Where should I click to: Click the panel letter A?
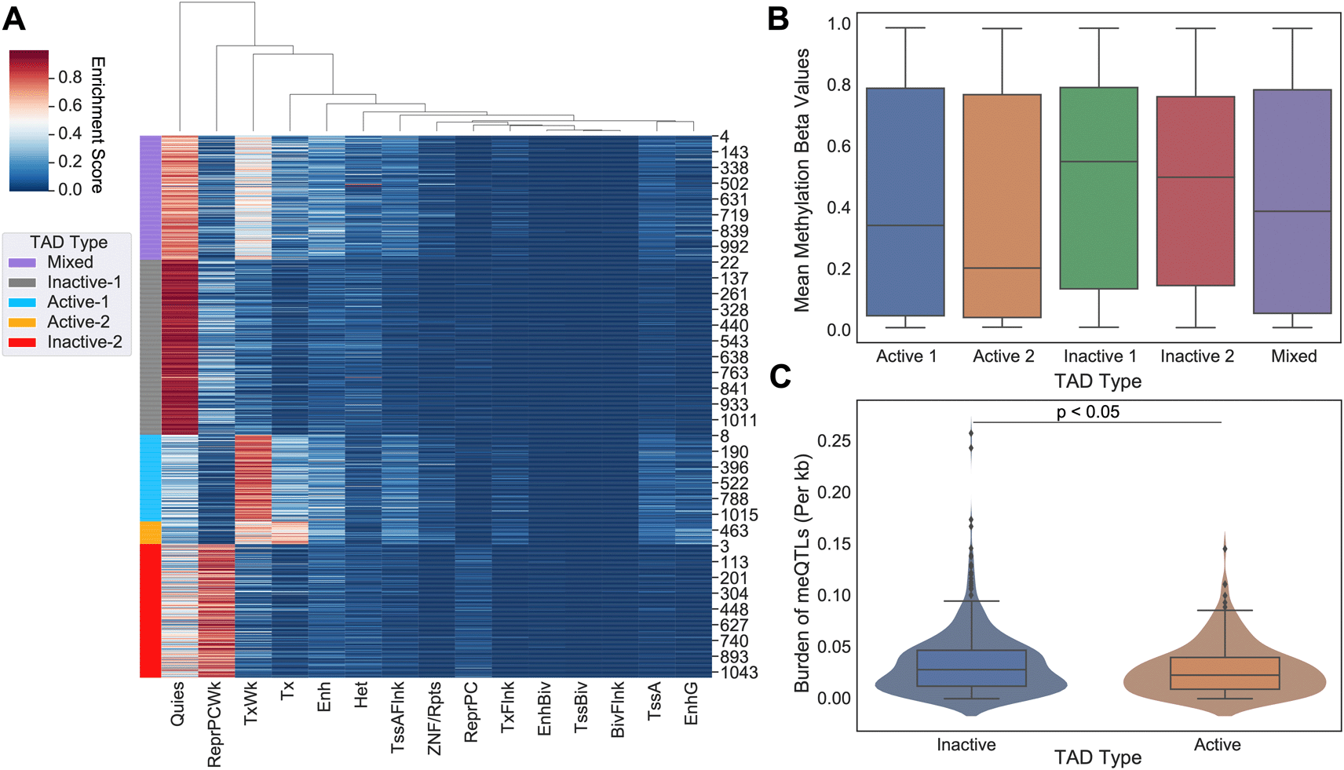point(14,18)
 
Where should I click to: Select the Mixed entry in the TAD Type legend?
point(70,262)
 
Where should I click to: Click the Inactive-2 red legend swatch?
point(22,342)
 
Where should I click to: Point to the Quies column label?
point(177,703)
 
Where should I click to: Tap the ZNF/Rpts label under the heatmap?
point(434,717)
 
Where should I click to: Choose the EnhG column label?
point(691,703)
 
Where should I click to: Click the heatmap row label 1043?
point(739,673)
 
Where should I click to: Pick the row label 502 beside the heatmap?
point(734,184)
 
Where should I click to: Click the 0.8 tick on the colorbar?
point(70,77)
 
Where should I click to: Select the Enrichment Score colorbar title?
point(97,124)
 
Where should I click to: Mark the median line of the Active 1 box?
point(905,225)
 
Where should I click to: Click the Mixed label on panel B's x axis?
point(1293,356)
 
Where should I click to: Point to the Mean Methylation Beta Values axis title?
point(802,181)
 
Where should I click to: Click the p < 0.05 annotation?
point(1087,412)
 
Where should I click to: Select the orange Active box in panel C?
point(1225,673)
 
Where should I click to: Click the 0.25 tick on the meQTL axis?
point(834,441)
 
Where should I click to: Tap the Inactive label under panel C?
point(966,745)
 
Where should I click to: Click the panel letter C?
point(780,377)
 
